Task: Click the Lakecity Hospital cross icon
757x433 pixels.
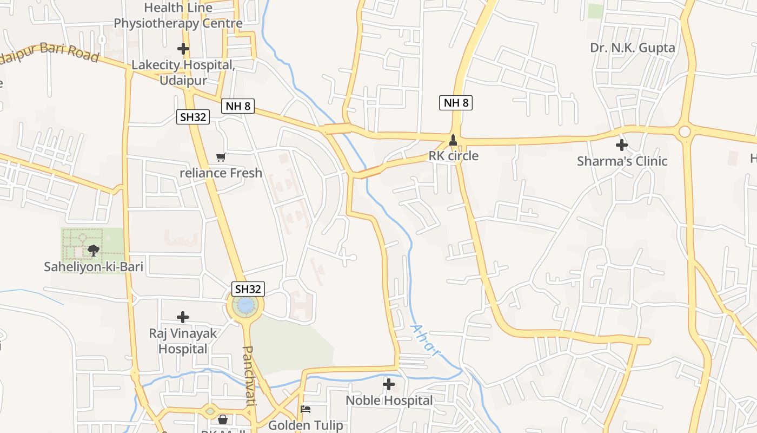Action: pos(183,49)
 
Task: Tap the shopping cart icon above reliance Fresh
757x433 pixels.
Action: pos(221,158)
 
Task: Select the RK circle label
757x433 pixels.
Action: pos(453,156)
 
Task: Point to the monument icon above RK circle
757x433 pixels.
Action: pos(453,141)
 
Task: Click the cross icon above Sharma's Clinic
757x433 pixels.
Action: pos(622,145)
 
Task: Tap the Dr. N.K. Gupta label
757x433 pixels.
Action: pos(632,48)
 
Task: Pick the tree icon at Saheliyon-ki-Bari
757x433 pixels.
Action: pos(93,250)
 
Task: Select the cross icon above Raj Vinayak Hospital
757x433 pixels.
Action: pos(183,317)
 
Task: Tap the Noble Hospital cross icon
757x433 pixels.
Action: pos(389,384)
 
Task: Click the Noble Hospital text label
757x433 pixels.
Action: pos(389,401)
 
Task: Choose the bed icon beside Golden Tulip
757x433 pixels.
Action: pos(306,409)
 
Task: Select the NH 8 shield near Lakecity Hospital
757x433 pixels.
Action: pos(237,106)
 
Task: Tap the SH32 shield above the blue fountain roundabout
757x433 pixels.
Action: pos(248,289)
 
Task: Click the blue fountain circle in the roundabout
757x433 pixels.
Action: pos(245,306)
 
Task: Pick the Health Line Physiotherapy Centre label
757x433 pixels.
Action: pos(178,16)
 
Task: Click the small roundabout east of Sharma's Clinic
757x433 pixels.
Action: pos(685,132)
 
